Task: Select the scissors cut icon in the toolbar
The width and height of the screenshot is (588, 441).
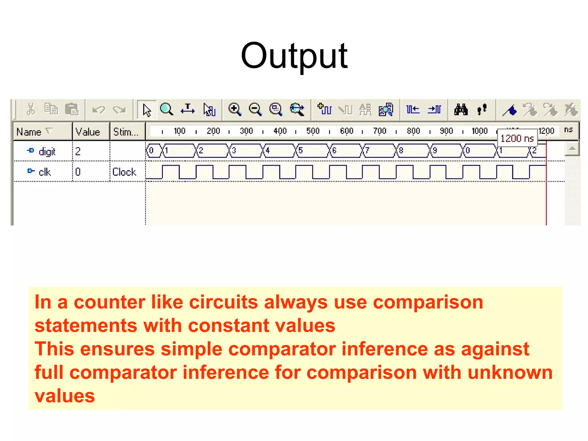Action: pyautogui.click(x=31, y=109)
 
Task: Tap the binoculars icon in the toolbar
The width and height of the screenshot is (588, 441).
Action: pyautogui.click(x=461, y=110)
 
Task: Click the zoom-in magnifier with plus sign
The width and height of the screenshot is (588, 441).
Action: pyautogui.click(x=235, y=110)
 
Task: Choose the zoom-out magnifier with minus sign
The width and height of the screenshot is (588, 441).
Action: pyautogui.click(x=255, y=110)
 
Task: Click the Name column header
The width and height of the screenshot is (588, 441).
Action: pyautogui.click(x=29, y=132)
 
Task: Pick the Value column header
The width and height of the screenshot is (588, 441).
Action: pyautogui.click(x=88, y=132)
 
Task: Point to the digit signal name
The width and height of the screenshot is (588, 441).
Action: pyautogui.click(x=47, y=151)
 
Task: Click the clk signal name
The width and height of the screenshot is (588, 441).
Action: pyautogui.click(x=45, y=172)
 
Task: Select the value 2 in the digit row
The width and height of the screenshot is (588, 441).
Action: pyautogui.click(x=78, y=151)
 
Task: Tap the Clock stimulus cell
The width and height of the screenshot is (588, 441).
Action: pyautogui.click(x=124, y=172)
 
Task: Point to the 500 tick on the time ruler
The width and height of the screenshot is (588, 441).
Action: pyautogui.click(x=313, y=131)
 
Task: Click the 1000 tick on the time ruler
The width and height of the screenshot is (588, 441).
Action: pyautogui.click(x=479, y=131)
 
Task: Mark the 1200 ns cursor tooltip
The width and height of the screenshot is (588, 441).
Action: pyautogui.click(x=517, y=138)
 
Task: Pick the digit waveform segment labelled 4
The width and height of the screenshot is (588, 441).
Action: pyautogui.click(x=279, y=150)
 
